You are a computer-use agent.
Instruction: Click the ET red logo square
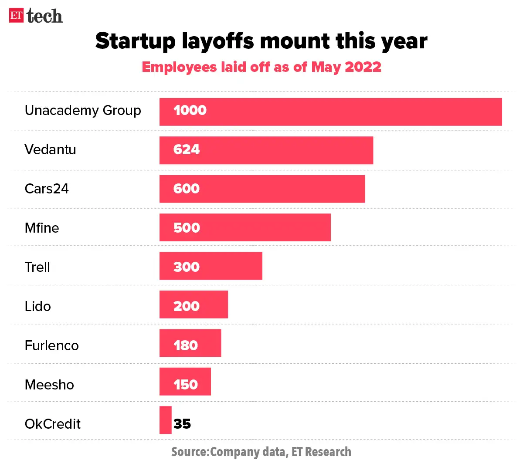click(16, 16)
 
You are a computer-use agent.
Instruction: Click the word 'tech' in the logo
click(44, 16)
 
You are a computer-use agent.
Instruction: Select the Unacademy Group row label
click(83, 111)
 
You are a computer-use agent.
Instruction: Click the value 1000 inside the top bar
click(190, 110)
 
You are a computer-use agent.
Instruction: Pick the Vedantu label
click(50, 150)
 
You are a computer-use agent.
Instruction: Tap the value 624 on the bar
click(187, 149)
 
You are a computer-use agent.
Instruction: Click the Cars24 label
click(47, 189)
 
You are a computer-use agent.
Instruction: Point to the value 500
click(187, 228)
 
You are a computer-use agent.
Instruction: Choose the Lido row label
click(37, 306)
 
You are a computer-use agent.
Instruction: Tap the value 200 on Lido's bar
click(187, 306)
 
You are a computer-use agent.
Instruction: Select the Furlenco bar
click(209, 343)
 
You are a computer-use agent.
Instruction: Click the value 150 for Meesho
click(186, 385)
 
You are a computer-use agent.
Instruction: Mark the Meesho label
click(49, 385)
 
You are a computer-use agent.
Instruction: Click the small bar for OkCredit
click(166, 420)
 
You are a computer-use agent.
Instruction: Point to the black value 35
click(182, 424)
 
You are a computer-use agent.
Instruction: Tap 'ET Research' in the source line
click(321, 452)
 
